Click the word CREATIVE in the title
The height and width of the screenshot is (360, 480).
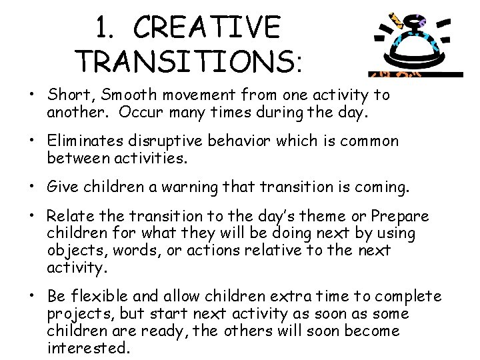207,28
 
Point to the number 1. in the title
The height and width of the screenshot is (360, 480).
109,28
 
